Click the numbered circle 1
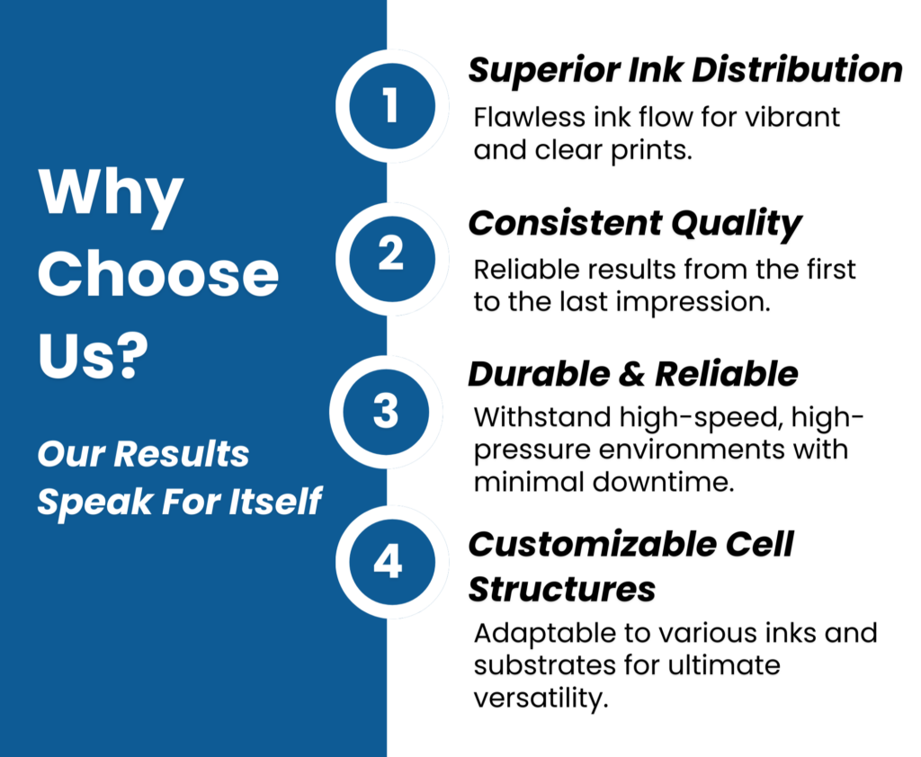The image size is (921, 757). pyautogui.click(x=392, y=106)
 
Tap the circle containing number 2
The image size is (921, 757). pyautogui.click(x=392, y=259)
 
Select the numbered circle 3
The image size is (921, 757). pyautogui.click(x=386, y=412)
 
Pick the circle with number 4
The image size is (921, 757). pyautogui.click(x=392, y=562)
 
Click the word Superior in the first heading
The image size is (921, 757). pyautogui.click(x=544, y=71)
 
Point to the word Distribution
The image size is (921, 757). pyautogui.click(x=797, y=69)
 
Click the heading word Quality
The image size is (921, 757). pyautogui.click(x=737, y=225)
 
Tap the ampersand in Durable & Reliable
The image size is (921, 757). pyautogui.click(x=632, y=375)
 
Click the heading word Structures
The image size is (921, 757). pyautogui.click(x=561, y=589)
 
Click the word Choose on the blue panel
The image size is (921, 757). pyautogui.click(x=158, y=274)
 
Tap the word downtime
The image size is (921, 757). pyautogui.click(x=664, y=482)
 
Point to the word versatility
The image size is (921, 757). pyautogui.click(x=541, y=699)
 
